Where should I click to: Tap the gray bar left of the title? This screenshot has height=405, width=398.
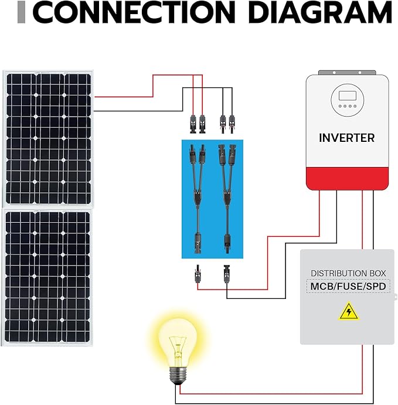coord(22,13)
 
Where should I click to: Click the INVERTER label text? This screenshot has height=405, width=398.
coord(346,138)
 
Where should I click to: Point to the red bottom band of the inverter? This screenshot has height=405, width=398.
coord(346,178)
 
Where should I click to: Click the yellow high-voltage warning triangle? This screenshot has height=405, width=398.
coord(349,311)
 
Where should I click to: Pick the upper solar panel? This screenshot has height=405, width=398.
coord(48,138)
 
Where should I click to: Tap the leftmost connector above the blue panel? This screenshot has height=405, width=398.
coord(193,123)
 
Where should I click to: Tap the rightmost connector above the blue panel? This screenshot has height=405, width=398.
coord(232,123)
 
